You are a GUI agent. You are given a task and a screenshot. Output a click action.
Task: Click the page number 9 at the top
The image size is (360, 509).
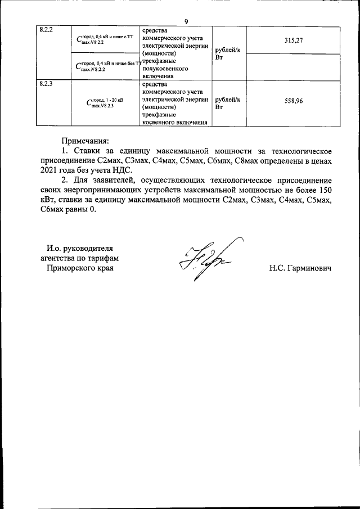[x=186, y=21]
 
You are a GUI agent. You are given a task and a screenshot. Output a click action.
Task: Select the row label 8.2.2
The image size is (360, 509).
[x=46, y=30]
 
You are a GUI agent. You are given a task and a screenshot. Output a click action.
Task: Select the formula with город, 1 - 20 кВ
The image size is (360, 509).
[x=102, y=102]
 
